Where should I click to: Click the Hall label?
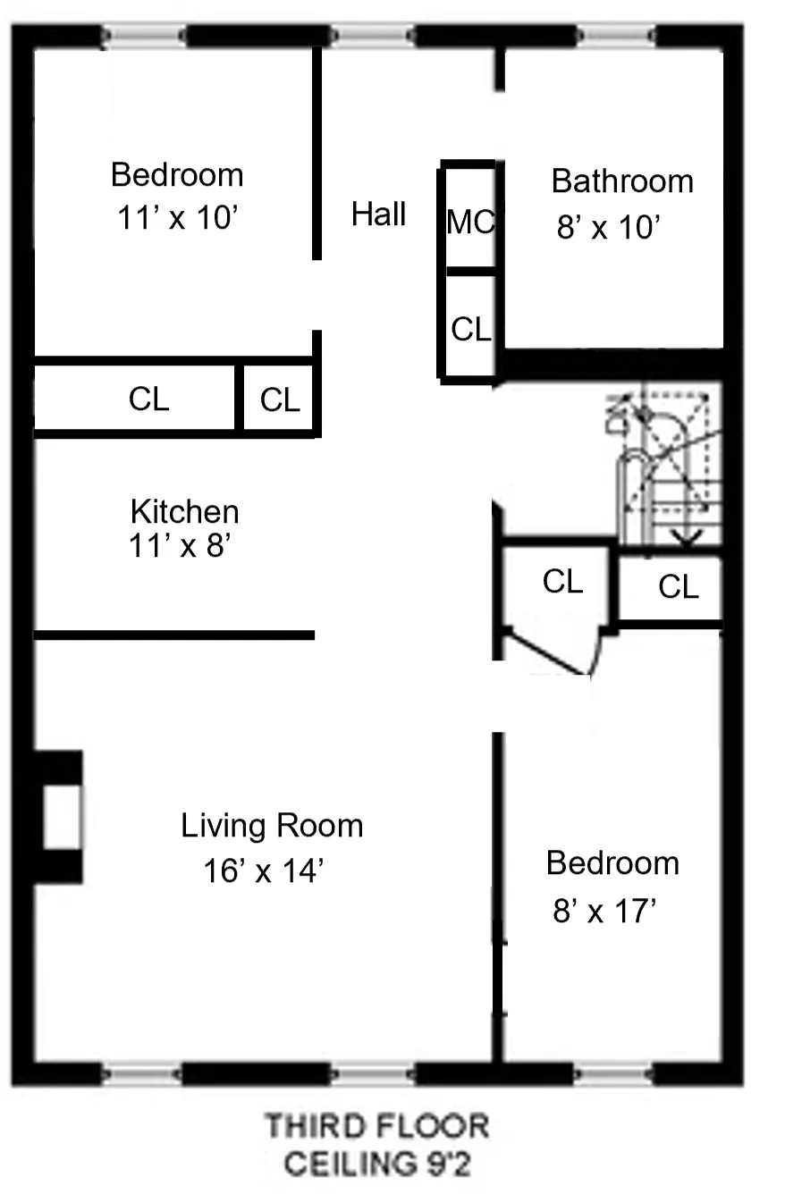pyautogui.click(x=378, y=214)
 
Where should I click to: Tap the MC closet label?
pyautogui.click(x=469, y=222)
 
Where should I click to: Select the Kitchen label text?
pyautogui.click(x=184, y=512)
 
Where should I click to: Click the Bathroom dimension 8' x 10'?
pyautogui.click(x=608, y=228)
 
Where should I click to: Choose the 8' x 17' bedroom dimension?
pyautogui.click(x=605, y=912)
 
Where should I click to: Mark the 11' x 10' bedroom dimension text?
pyautogui.click(x=176, y=218)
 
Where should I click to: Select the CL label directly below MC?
pyautogui.click(x=470, y=330)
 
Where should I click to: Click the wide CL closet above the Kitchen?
pyautogui.click(x=148, y=399)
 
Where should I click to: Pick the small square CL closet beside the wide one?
pyautogui.click(x=280, y=399)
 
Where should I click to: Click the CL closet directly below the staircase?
pyautogui.click(x=678, y=587)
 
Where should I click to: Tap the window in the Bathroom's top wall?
pyautogui.click(x=616, y=36)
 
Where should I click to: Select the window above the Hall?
pyautogui.click(x=372, y=36)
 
